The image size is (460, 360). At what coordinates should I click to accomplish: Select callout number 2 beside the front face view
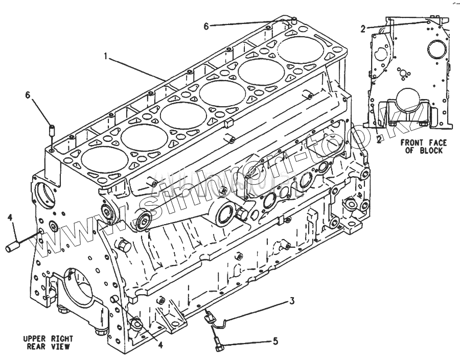363,29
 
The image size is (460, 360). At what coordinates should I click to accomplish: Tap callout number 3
291,301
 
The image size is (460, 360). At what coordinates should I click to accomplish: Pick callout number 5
275,341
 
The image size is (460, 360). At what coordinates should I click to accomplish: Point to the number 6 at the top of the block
206,26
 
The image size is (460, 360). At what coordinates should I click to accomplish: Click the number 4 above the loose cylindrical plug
10,218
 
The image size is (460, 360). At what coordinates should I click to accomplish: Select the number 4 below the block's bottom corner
160,345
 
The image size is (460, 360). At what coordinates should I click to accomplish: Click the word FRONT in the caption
411,143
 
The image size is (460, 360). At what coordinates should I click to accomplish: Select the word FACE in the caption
437,143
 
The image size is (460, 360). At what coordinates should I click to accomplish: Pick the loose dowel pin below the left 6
52,131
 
